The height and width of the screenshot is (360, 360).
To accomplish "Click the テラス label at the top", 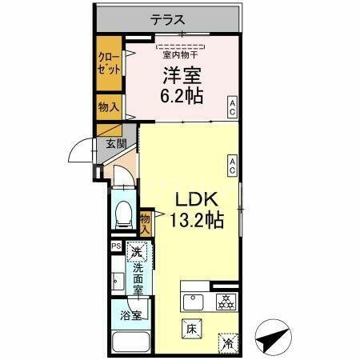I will (x=169, y=20).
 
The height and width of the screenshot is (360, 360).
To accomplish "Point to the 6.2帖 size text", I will (x=183, y=97).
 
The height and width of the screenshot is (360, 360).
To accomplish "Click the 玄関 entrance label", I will (x=115, y=144).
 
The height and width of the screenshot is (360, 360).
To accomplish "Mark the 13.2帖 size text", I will (x=196, y=220).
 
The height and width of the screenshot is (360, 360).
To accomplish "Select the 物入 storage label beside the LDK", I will (x=145, y=222).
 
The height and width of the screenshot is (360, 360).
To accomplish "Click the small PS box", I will (x=116, y=246).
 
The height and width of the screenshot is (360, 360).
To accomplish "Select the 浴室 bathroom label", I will (x=131, y=315).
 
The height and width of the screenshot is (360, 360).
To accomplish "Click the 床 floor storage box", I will (x=191, y=328).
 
